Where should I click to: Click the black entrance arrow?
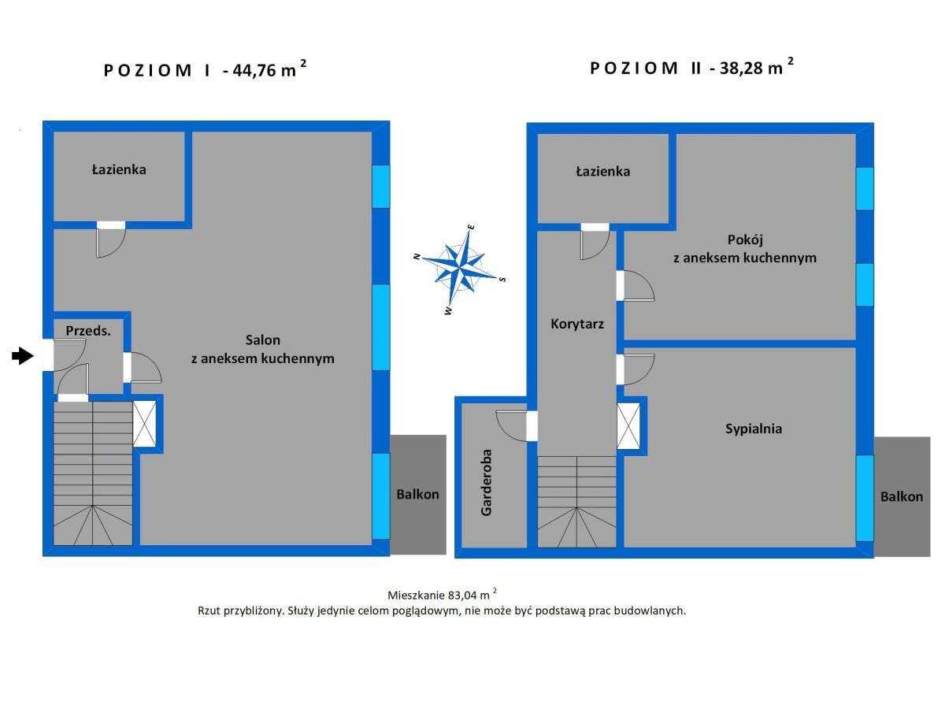tap(22, 357)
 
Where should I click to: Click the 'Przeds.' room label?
tap(88, 331)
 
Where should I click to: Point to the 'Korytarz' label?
tap(577, 323)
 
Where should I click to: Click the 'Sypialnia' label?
tap(753, 429)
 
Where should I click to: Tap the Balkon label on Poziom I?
tap(417, 495)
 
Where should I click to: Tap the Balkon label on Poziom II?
tap(902, 497)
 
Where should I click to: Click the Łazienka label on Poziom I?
tap(119, 169)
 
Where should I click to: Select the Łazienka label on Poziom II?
tap(602, 171)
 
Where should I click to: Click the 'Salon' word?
tap(262, 340)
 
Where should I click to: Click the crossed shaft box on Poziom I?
tap(145, 424)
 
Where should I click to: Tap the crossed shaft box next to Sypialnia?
tap(628, 426)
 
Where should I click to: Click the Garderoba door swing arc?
tap(510, 425)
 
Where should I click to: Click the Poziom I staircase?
tap(92, 473)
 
